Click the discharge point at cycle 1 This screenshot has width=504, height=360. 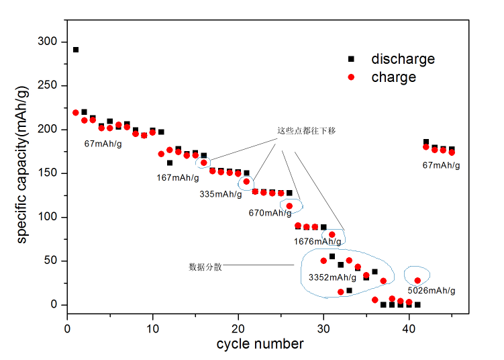coord(76,50)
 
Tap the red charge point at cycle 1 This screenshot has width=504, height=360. coord(76,113)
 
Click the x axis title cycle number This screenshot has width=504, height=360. coord(260,344)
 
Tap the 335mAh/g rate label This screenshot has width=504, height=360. coord(220,194)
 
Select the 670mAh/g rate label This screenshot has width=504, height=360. coord(270,213)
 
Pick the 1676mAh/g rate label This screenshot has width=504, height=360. coord(317,241)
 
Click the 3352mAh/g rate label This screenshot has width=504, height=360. coord(332,277)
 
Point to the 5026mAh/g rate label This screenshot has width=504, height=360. coord(432,291)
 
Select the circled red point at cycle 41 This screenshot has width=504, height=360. coord(417,281)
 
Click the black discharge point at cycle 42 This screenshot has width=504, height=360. coord(426,142)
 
